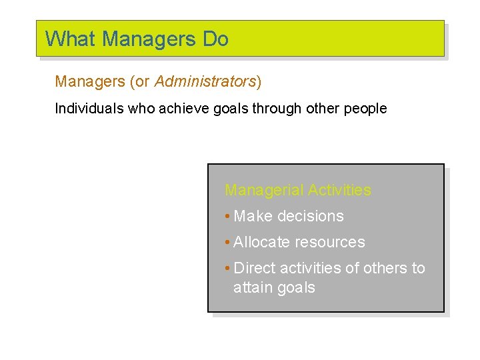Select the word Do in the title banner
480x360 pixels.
[215, 39]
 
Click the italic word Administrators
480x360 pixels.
[205, 81]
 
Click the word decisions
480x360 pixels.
[310, 216]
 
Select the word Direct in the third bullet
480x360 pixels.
[255, 268]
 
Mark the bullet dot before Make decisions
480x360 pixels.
[227, 217]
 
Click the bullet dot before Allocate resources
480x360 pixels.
[227, 243]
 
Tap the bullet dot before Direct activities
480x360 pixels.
[227, 269]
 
